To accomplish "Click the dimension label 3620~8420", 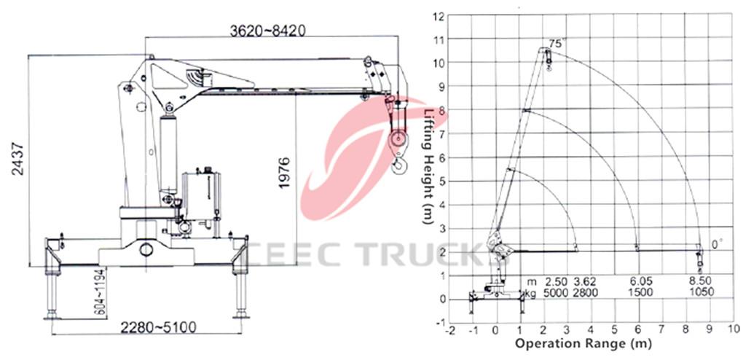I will click(x=267, y=30).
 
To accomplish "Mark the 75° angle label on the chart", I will click(x=556, y=44).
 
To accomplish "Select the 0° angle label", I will click(x=717, y=245).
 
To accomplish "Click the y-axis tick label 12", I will click(x=439, y=15).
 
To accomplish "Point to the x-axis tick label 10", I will click(x=732, y=329).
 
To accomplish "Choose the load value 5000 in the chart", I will click(x=555, y=292).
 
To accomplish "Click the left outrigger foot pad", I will click(x=52, y=315).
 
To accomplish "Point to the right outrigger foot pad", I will click(x=241, y=315).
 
